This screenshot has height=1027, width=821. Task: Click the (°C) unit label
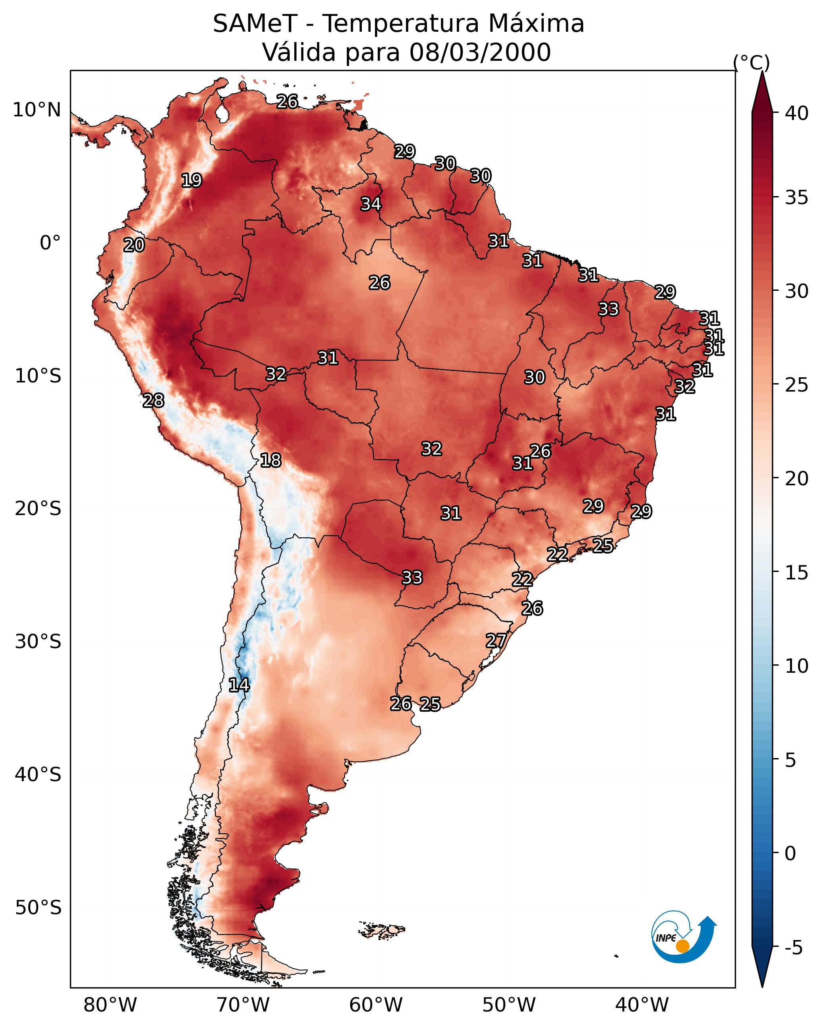(x=751, y=62)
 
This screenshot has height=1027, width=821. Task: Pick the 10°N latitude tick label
(x=37, y=110)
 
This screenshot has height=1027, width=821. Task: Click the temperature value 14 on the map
(x=239, y=685)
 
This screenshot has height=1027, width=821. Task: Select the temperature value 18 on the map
(x=270, y=460)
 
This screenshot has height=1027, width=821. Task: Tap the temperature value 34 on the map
(x=371, y=204)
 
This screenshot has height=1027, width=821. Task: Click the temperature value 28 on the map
(x=153, y=401)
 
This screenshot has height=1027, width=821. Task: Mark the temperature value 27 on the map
(x=496, y=641)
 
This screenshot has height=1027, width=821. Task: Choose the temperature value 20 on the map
(x=134, y=245)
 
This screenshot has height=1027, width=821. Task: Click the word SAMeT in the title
(x=255, y=24)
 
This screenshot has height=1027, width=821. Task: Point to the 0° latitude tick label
(x=50, y=243)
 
